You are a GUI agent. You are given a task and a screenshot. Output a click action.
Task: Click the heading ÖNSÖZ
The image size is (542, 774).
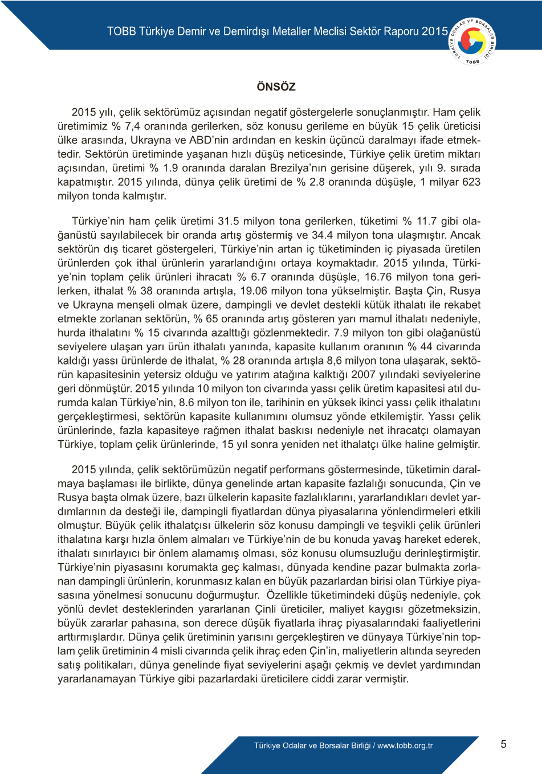coord(276,87)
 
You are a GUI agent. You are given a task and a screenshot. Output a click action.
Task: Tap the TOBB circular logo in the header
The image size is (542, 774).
coord(472,41)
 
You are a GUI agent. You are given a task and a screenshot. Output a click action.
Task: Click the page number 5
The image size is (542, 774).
coord(503,744)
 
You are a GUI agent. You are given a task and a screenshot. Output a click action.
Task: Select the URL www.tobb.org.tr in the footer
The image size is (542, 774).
coord(405,746)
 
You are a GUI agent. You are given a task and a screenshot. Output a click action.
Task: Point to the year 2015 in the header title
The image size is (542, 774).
coord(435,31)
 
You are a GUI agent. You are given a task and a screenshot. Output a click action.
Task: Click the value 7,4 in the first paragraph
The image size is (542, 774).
coord(132,126)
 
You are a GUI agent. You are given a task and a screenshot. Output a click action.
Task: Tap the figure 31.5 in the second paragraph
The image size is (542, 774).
coord(228,221)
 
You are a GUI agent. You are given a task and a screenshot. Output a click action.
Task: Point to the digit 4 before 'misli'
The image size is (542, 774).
coord(155,651)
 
